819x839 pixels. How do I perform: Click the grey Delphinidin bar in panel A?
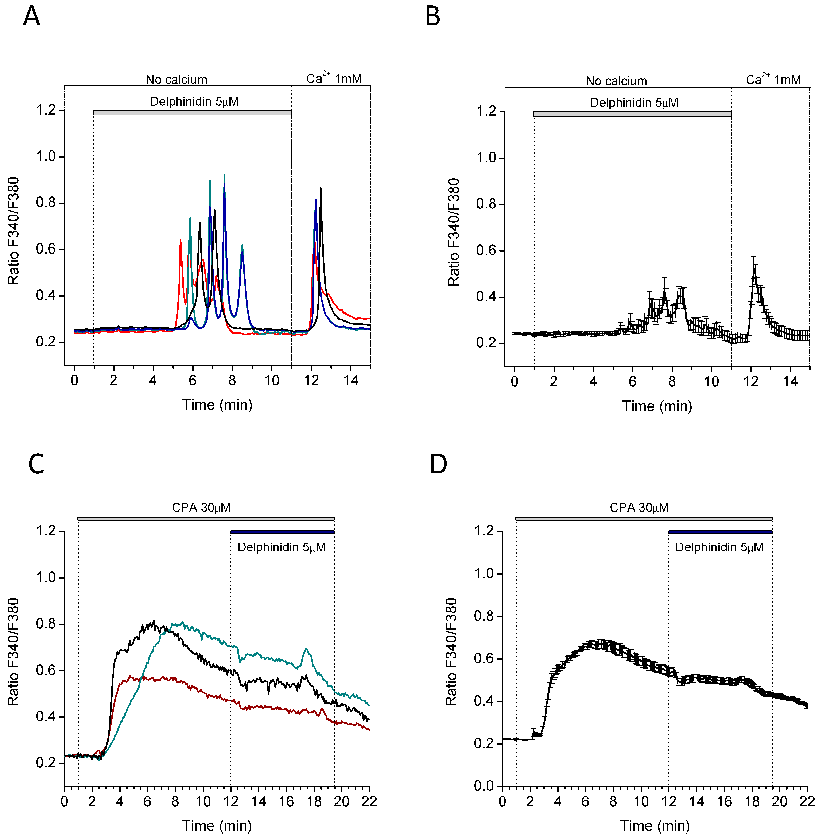pyautogui.click(x=192, y=113)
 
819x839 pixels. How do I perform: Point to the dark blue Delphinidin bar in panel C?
pyautogui.click(x=283, y=532)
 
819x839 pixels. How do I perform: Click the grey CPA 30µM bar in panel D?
pyautogui.click(x=644, y=518)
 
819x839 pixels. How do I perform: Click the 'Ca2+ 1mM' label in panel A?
pyautogui.click(x=334, y=78)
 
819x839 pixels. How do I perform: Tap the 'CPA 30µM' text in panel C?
pyautogui.click(x=201, y=508)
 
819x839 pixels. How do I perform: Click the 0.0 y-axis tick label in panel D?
pyautogui.click(x=484, y=786)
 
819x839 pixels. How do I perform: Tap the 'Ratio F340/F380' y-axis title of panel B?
pyautogui.click(x=454, y=232)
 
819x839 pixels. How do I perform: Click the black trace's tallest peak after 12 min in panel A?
pyautogui.click(x=320, y=188)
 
